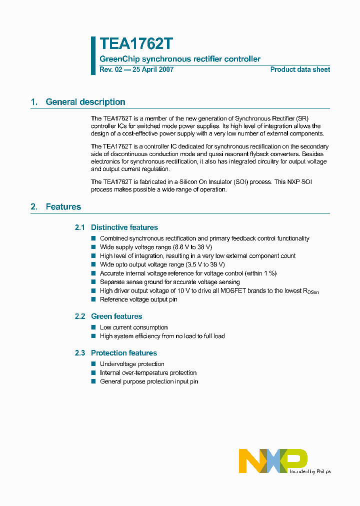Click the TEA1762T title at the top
pos(136,44)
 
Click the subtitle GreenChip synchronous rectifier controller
pos(180,59)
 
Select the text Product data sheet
pos(300,69)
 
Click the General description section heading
pos(85,102)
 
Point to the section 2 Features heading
pos(63,206)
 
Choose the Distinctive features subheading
pos(124,227)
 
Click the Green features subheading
pos(116,316)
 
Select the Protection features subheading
pos(123,353)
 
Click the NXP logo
pos(273,460)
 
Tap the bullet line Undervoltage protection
pos(132,364)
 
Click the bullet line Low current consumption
pos(133,327)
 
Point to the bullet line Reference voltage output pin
pos(138,299)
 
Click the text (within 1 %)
pos(260,273)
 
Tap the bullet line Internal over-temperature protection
pos(148,373)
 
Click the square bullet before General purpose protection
pos(93,381)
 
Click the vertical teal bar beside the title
pos(93,55)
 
